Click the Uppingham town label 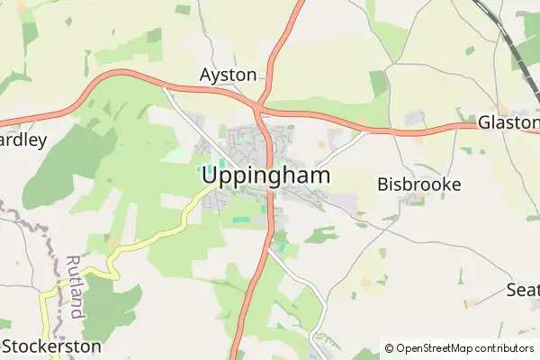click(x=265, y=176)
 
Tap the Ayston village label click(x=229, y=75)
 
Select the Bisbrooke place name click(x=419, y=184)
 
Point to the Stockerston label click(x=51, y=346)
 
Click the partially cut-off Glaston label click(x=508, y=121)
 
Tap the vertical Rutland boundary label click(x=76, y=285)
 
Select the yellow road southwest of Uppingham click(x=153, y=237)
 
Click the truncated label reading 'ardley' click(x=22, y=140)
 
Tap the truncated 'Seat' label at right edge click(x=522, y=290)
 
